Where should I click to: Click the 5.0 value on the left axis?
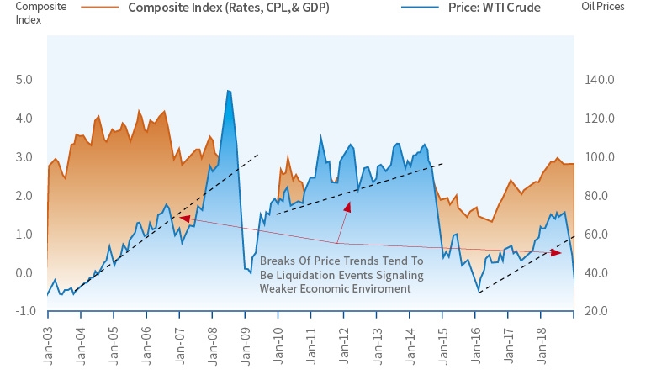(25, 80)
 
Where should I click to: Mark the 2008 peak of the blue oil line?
(228, 91)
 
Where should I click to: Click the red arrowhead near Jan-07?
(183, 219)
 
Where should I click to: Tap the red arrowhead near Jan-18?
(556, 252)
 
